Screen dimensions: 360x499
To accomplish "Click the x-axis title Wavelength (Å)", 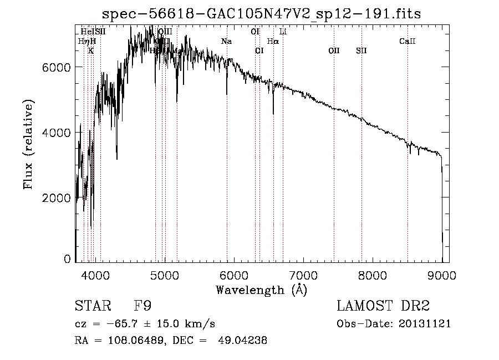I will [261, 290].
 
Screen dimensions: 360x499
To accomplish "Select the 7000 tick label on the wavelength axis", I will [303, 275].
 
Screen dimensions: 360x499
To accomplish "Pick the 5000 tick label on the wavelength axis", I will [164, 275].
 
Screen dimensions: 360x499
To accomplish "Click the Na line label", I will [226, 42].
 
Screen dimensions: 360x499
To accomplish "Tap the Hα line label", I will [273, 42].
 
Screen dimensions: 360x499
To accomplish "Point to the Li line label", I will [283, 32].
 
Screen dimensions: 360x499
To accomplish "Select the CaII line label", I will [408, 42].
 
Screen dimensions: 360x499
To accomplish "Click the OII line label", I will [334, 51].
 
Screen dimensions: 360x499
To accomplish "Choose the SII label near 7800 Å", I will [361, 51].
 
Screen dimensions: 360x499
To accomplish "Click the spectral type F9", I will [142, 306].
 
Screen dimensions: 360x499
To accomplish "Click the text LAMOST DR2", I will [383, 306].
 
